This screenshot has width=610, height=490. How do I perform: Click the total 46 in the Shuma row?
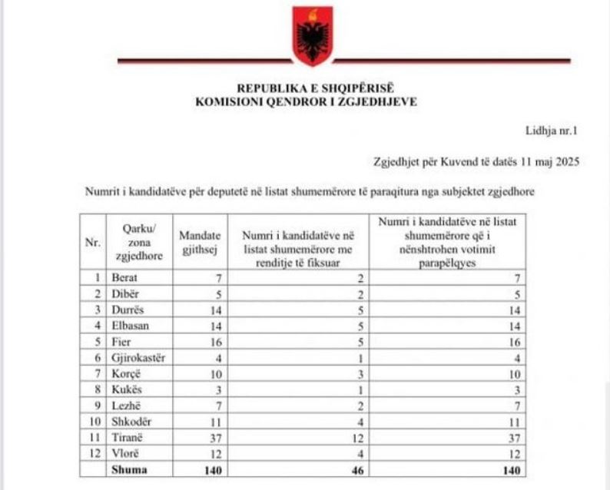pyautogui.click(x=357, y=471)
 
